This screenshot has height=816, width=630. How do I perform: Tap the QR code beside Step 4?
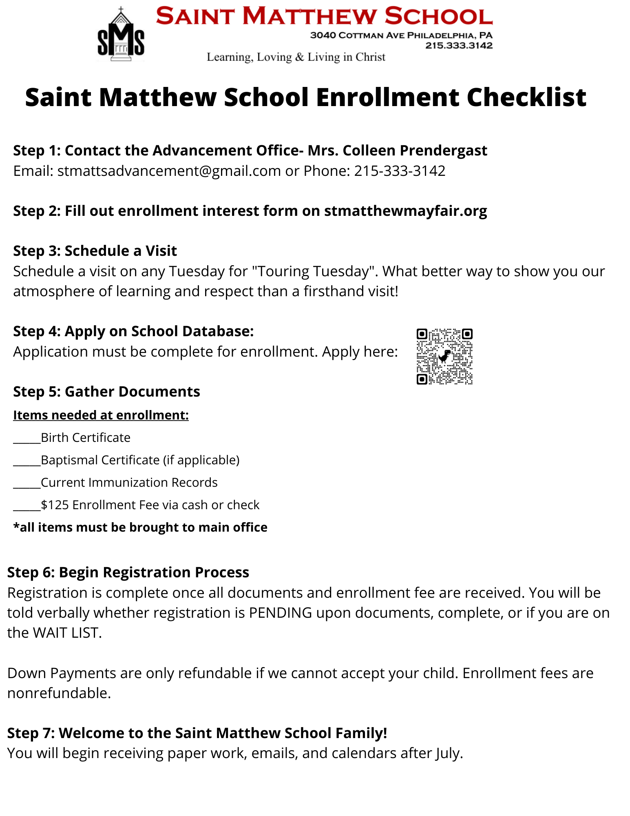[444, 357]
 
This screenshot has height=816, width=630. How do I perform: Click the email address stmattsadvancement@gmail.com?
[169, 171]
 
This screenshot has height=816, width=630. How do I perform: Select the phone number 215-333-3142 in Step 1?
[400, 171]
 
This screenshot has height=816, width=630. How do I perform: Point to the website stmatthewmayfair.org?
[405, 211]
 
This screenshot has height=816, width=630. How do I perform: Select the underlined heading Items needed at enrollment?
[101, 415]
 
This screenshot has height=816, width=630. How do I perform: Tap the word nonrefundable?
[59, 693]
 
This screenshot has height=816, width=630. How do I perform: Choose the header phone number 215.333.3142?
[459, 46]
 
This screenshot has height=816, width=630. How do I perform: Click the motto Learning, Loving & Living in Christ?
[296, 57]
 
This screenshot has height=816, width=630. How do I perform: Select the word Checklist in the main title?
[526, 98]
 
